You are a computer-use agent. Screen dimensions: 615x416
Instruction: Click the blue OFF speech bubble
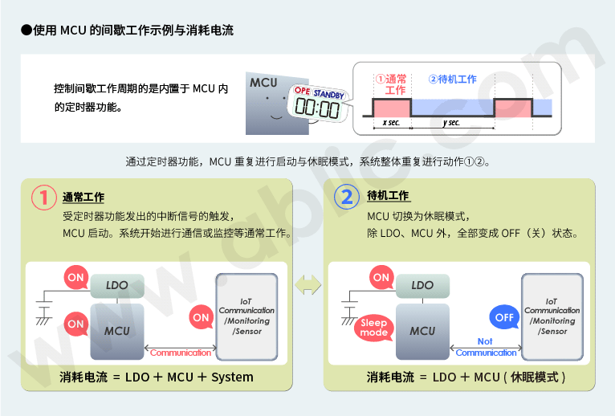(x=504, y=317)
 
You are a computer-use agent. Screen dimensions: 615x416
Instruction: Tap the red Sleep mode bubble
(x=374, y=328)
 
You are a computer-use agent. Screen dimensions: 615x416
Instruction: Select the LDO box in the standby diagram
(x=422, y=286)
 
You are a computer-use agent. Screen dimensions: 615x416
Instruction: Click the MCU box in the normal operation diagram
(x=117, y=331)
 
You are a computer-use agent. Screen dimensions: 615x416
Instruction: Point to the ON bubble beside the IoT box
(x=201, y=316)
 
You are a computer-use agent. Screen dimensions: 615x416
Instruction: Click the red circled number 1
(x=43, y=197)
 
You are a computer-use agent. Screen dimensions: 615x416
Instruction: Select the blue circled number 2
(x=347, y=197)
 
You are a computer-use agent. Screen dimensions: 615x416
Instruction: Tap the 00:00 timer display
(x=317, y=108)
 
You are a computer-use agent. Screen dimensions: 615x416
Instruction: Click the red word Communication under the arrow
(x=181, y=353)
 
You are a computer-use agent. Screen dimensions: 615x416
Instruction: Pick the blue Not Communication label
(x=486, y=347)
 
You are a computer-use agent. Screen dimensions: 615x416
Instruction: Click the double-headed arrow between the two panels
(x=307, y=284)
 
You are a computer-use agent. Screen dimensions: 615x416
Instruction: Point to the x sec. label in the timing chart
(x=392, y=122)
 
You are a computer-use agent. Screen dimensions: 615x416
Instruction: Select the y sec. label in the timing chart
(x=451, y=122)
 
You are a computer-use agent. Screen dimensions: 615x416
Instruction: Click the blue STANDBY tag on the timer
(x=328, y=94)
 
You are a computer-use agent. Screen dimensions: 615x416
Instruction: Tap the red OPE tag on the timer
(x=302, y=90)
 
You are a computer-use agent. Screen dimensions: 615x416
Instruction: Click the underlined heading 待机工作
(x=389, y=195)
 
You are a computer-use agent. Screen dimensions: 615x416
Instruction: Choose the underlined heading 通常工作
(x=83, y=197)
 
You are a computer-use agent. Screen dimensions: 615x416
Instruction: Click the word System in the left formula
(x=232, y=377)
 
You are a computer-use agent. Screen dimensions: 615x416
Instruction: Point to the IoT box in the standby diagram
(x=552, y=316)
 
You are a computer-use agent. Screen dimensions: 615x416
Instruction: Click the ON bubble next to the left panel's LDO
(x=75, y=277)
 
